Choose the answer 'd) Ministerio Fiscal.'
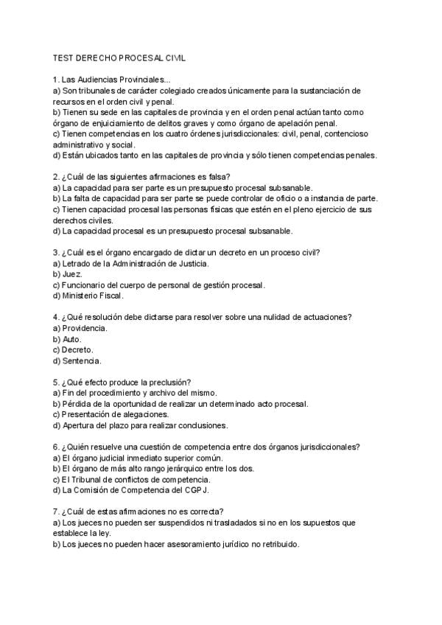click(88, 296)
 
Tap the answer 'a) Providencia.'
click(80, 328)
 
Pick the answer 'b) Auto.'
click(67, 339)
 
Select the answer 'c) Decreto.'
click(73, 350)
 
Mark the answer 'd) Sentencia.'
click(77, 361)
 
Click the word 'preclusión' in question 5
click(169, 382)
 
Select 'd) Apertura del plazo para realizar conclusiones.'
click(140, 425)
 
